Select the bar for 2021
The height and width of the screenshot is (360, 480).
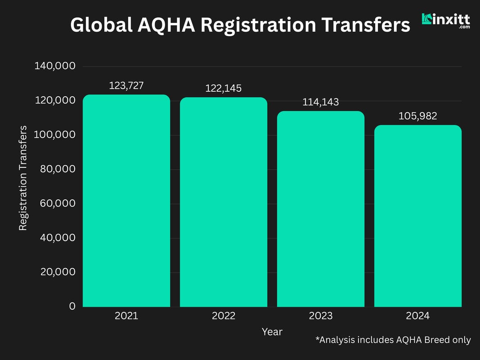(126, 201)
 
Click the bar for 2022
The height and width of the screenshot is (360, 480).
(224, 202)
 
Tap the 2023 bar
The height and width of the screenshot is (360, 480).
(321, 209)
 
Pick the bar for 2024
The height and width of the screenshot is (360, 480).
(418, 216)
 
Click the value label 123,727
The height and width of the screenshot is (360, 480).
(126, 85)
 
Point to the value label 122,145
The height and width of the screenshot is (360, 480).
(224, 88)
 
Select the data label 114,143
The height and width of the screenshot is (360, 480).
(321, 102)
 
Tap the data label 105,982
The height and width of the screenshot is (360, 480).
(418, 116)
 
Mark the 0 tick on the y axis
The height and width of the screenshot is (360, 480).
(72, 306)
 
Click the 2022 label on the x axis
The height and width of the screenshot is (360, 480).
(224, 316)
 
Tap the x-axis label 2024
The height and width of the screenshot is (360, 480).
(418, 316)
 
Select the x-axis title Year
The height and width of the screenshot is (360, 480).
(272, 332)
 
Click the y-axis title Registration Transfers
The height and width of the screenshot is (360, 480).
(23, 178)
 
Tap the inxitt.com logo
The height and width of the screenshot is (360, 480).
(446, 21)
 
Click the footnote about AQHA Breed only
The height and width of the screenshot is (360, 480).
(393, 340)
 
